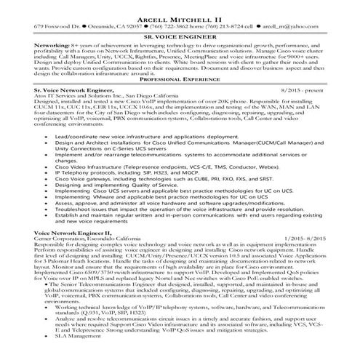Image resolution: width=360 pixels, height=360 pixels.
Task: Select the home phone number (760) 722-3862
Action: (173, 24)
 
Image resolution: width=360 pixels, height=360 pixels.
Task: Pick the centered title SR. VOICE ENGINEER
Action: (180, 35)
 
